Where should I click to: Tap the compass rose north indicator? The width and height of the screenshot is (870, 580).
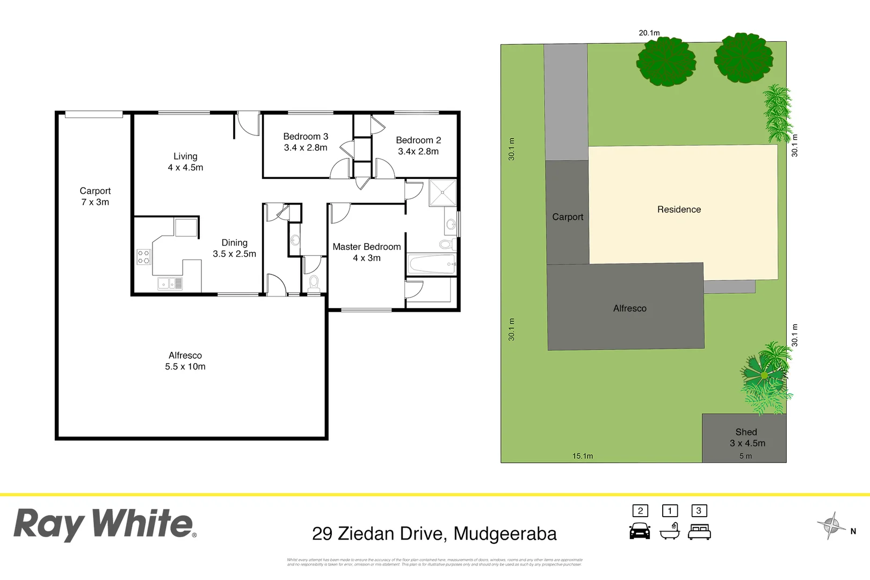[x=832, y=525]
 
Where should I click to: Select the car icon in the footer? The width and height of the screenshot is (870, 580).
[x=640, y=531]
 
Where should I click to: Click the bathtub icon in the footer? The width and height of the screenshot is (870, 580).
[x=670, y=531]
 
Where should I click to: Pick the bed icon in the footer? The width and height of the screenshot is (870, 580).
[x=699, y=532]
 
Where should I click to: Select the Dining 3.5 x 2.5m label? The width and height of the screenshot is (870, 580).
[x=235, y=248]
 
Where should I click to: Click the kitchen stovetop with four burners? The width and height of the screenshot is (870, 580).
[x=143, y=257]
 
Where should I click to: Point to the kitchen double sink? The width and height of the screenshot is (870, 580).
[x=170, y=283]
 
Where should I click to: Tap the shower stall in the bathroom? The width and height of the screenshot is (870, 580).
[x=443, y=193]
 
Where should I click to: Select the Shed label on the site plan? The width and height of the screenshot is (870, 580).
[x=746, y=432]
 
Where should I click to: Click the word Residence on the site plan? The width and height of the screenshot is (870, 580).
[x=679, y=209]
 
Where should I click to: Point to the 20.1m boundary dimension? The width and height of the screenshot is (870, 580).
[x=649, y=33]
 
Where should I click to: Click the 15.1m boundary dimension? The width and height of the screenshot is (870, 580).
[x=583, y=456]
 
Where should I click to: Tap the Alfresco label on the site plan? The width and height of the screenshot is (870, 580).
[x=630, y=308]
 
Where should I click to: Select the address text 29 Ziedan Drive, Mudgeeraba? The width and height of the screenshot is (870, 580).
[x=434, y=534]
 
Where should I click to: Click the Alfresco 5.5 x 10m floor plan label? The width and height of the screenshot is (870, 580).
[x=185, y=361]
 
